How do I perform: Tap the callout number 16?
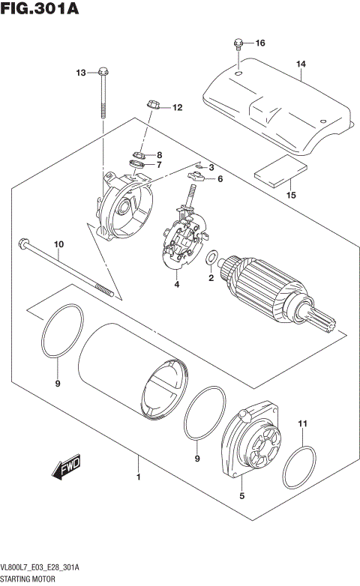(x=259, y=43)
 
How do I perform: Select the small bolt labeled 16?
(x=238, y=44)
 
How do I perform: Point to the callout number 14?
(x=300, y=64)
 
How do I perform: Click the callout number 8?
(x=159, y=155)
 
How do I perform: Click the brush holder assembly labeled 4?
(x=182, y=240)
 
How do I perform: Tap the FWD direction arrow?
(x=66, y=467)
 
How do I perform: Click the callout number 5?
(x=242, y=495)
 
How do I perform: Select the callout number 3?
(x=211, y=167)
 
